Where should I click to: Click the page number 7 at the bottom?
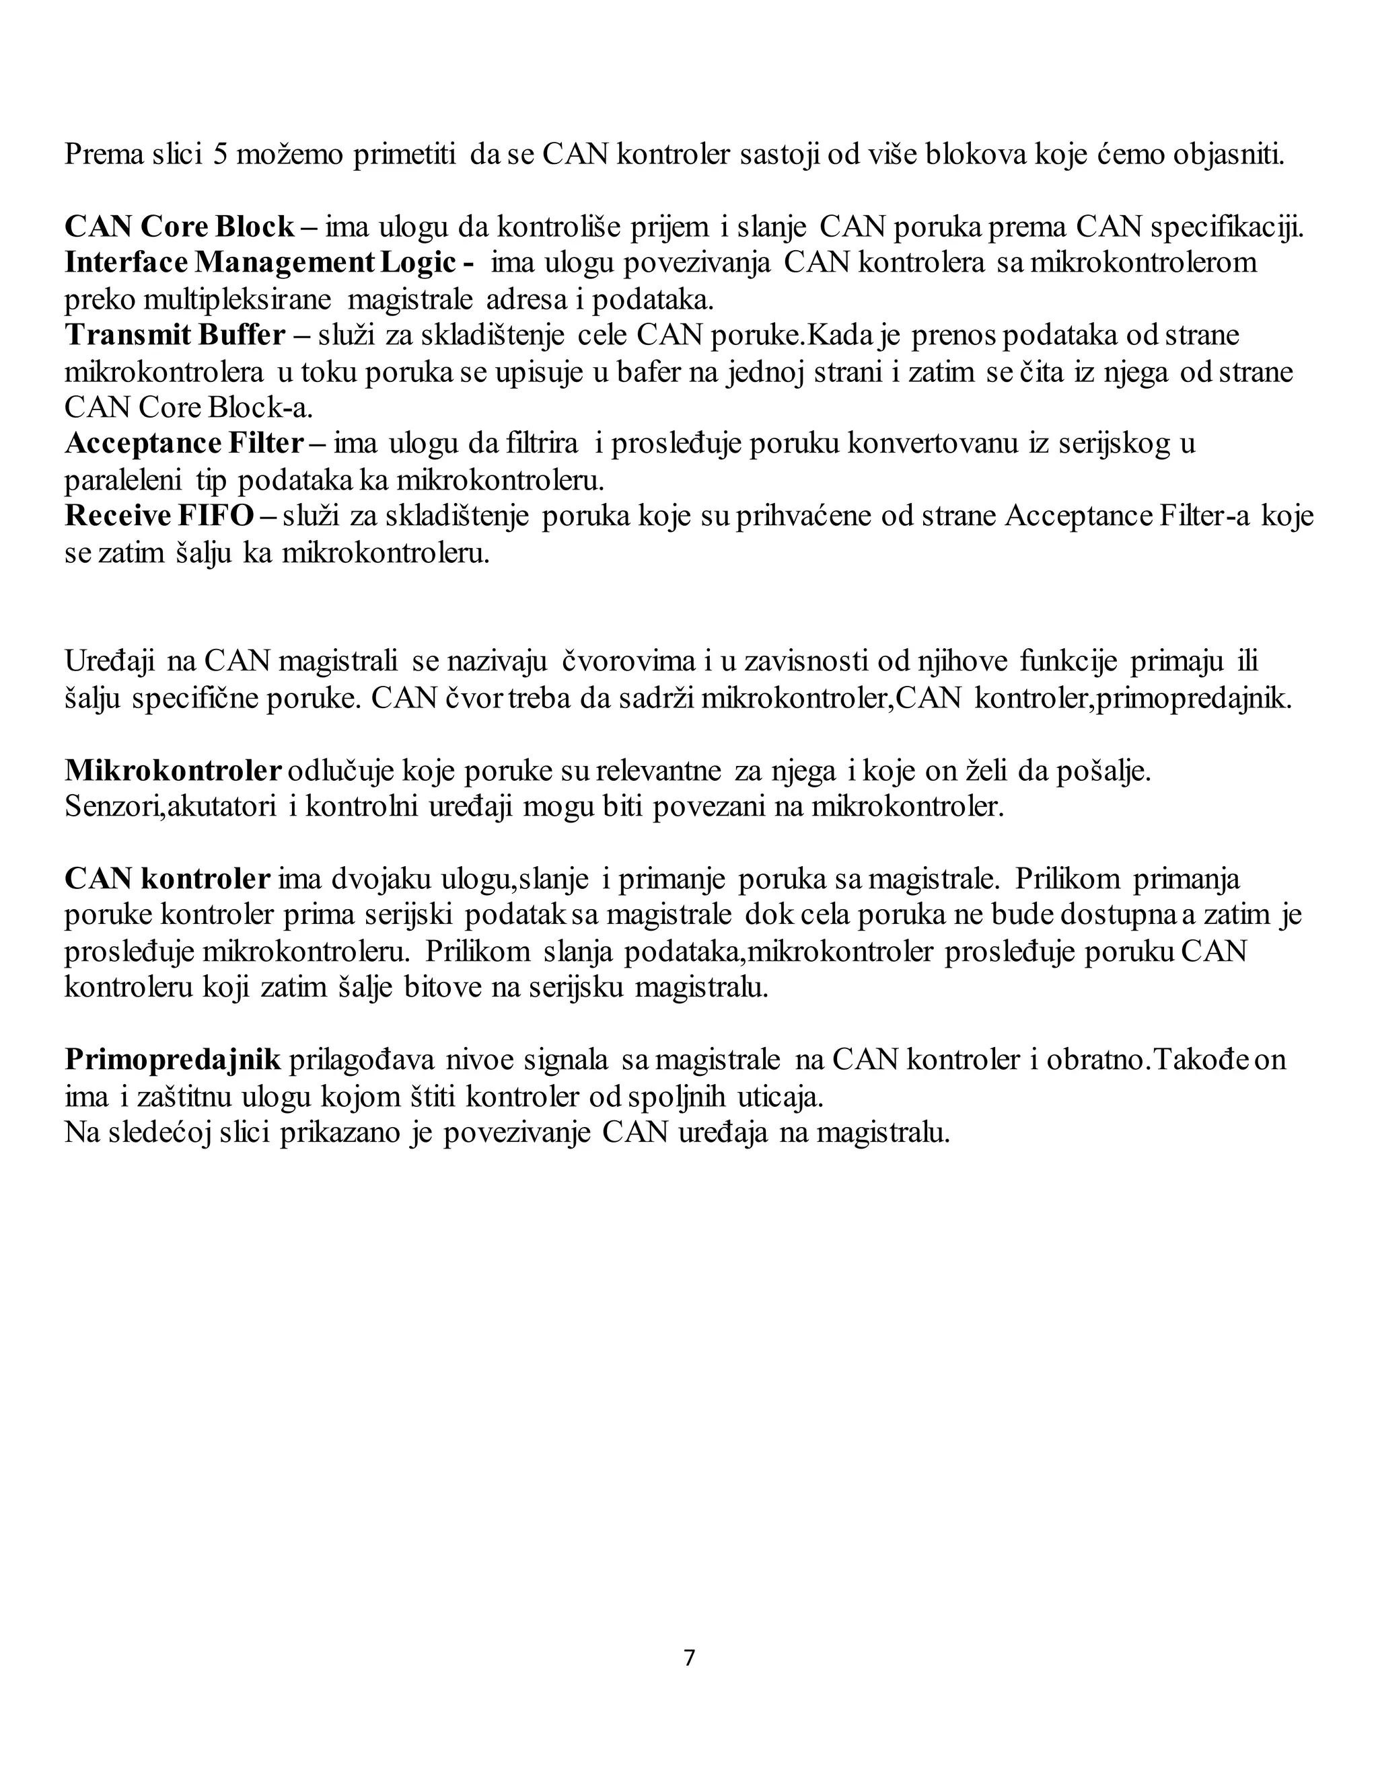coord(689,1658)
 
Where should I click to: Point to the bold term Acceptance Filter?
coord(184,444)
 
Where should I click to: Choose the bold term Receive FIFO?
coord(159,516)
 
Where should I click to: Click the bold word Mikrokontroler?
coord(173,770)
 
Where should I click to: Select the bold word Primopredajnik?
coord(172,1060)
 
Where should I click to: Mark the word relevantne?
coord(659,770)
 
